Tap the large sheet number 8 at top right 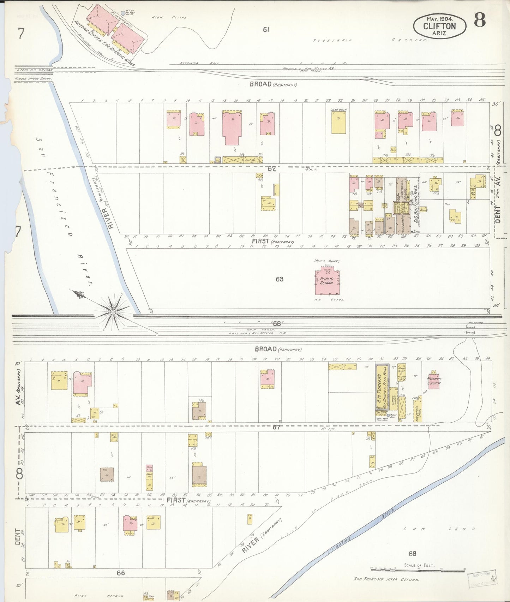[x=480, y=20]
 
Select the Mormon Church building [x=434, y=381]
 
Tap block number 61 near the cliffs [x=266, y=30]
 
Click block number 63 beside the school [x=280, y=279]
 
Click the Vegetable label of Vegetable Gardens [x=332, y=41]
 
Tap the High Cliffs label [x=169, y=17]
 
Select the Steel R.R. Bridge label [x=34, y=70]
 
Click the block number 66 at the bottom [x=121, y=573]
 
